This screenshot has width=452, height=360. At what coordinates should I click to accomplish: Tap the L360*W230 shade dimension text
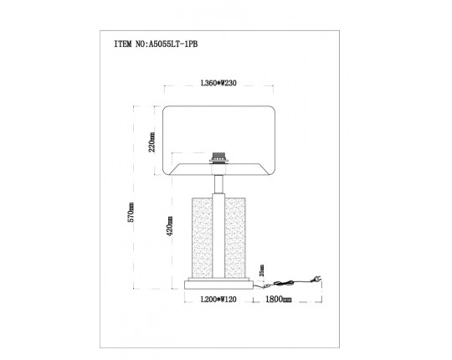click(219, 85)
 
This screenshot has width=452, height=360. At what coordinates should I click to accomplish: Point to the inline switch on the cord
click(287, 283)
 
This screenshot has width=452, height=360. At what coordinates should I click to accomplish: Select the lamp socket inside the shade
click(219, 157)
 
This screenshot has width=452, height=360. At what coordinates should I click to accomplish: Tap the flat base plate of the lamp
click(219, 283)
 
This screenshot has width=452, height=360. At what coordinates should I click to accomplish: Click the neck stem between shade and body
click(219, 183)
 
